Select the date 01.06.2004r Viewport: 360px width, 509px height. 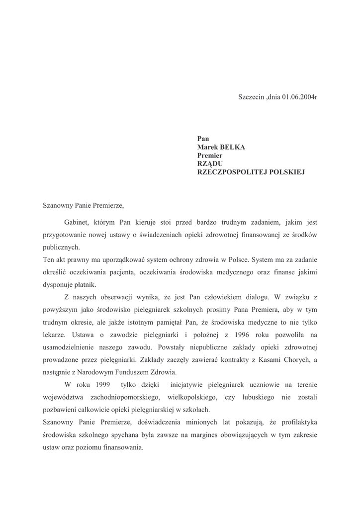coord(299,96)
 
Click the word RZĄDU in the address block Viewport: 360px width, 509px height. coord(210,164)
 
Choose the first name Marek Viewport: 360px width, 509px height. coord(207,147)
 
